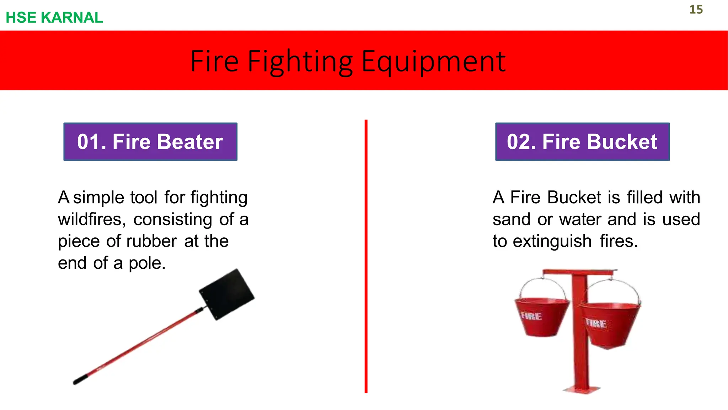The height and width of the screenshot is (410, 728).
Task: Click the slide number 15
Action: [x=696, y=10]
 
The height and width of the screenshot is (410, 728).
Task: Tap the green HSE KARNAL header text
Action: [x=54, y=17]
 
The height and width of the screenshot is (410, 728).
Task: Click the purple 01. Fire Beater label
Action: [x=150, y=142]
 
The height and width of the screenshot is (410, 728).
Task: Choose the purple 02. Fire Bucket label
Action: [x=582, y=142]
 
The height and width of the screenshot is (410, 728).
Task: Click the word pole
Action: [x=147, y=263]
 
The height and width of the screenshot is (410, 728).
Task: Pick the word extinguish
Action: [x=552, y=241]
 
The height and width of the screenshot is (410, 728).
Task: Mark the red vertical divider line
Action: [x=366, y=256]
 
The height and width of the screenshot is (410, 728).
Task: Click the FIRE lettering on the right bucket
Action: [x=596, y=323]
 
